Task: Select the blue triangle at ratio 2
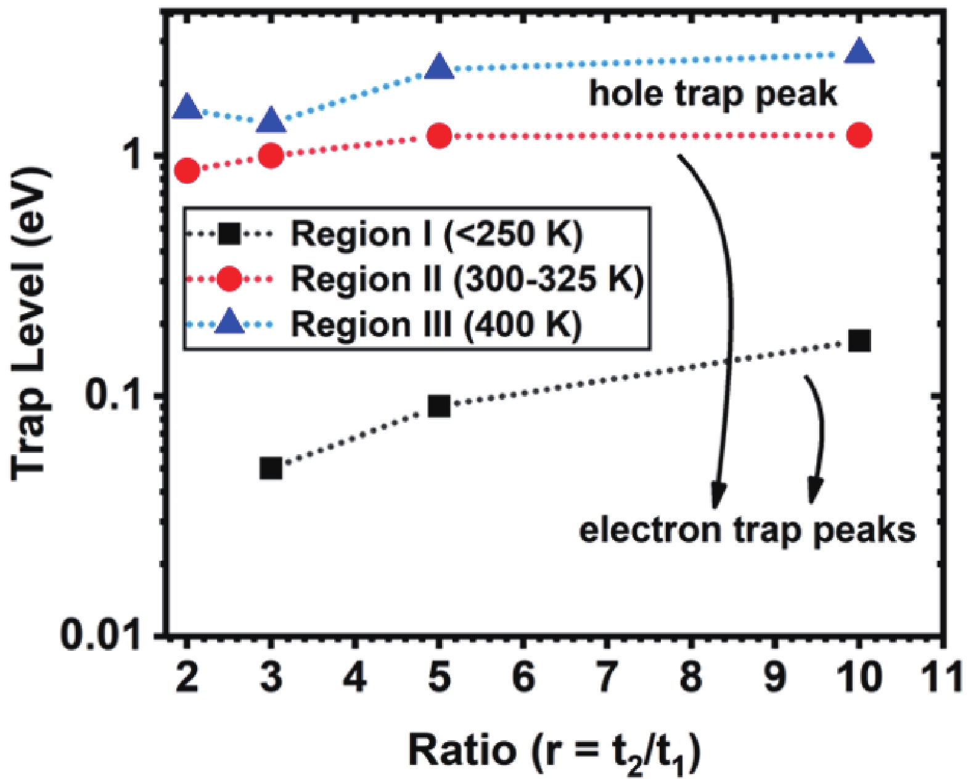pos(187,108)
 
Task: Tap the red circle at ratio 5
pos(439,136)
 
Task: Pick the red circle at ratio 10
pos(859,135)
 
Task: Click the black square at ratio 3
pos(271,468)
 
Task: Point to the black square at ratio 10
pos(859,340)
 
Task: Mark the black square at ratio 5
pos(439,406)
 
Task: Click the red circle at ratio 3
pos(271,156)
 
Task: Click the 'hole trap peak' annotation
pos(713,94)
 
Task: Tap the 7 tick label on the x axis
pos(607,677)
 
